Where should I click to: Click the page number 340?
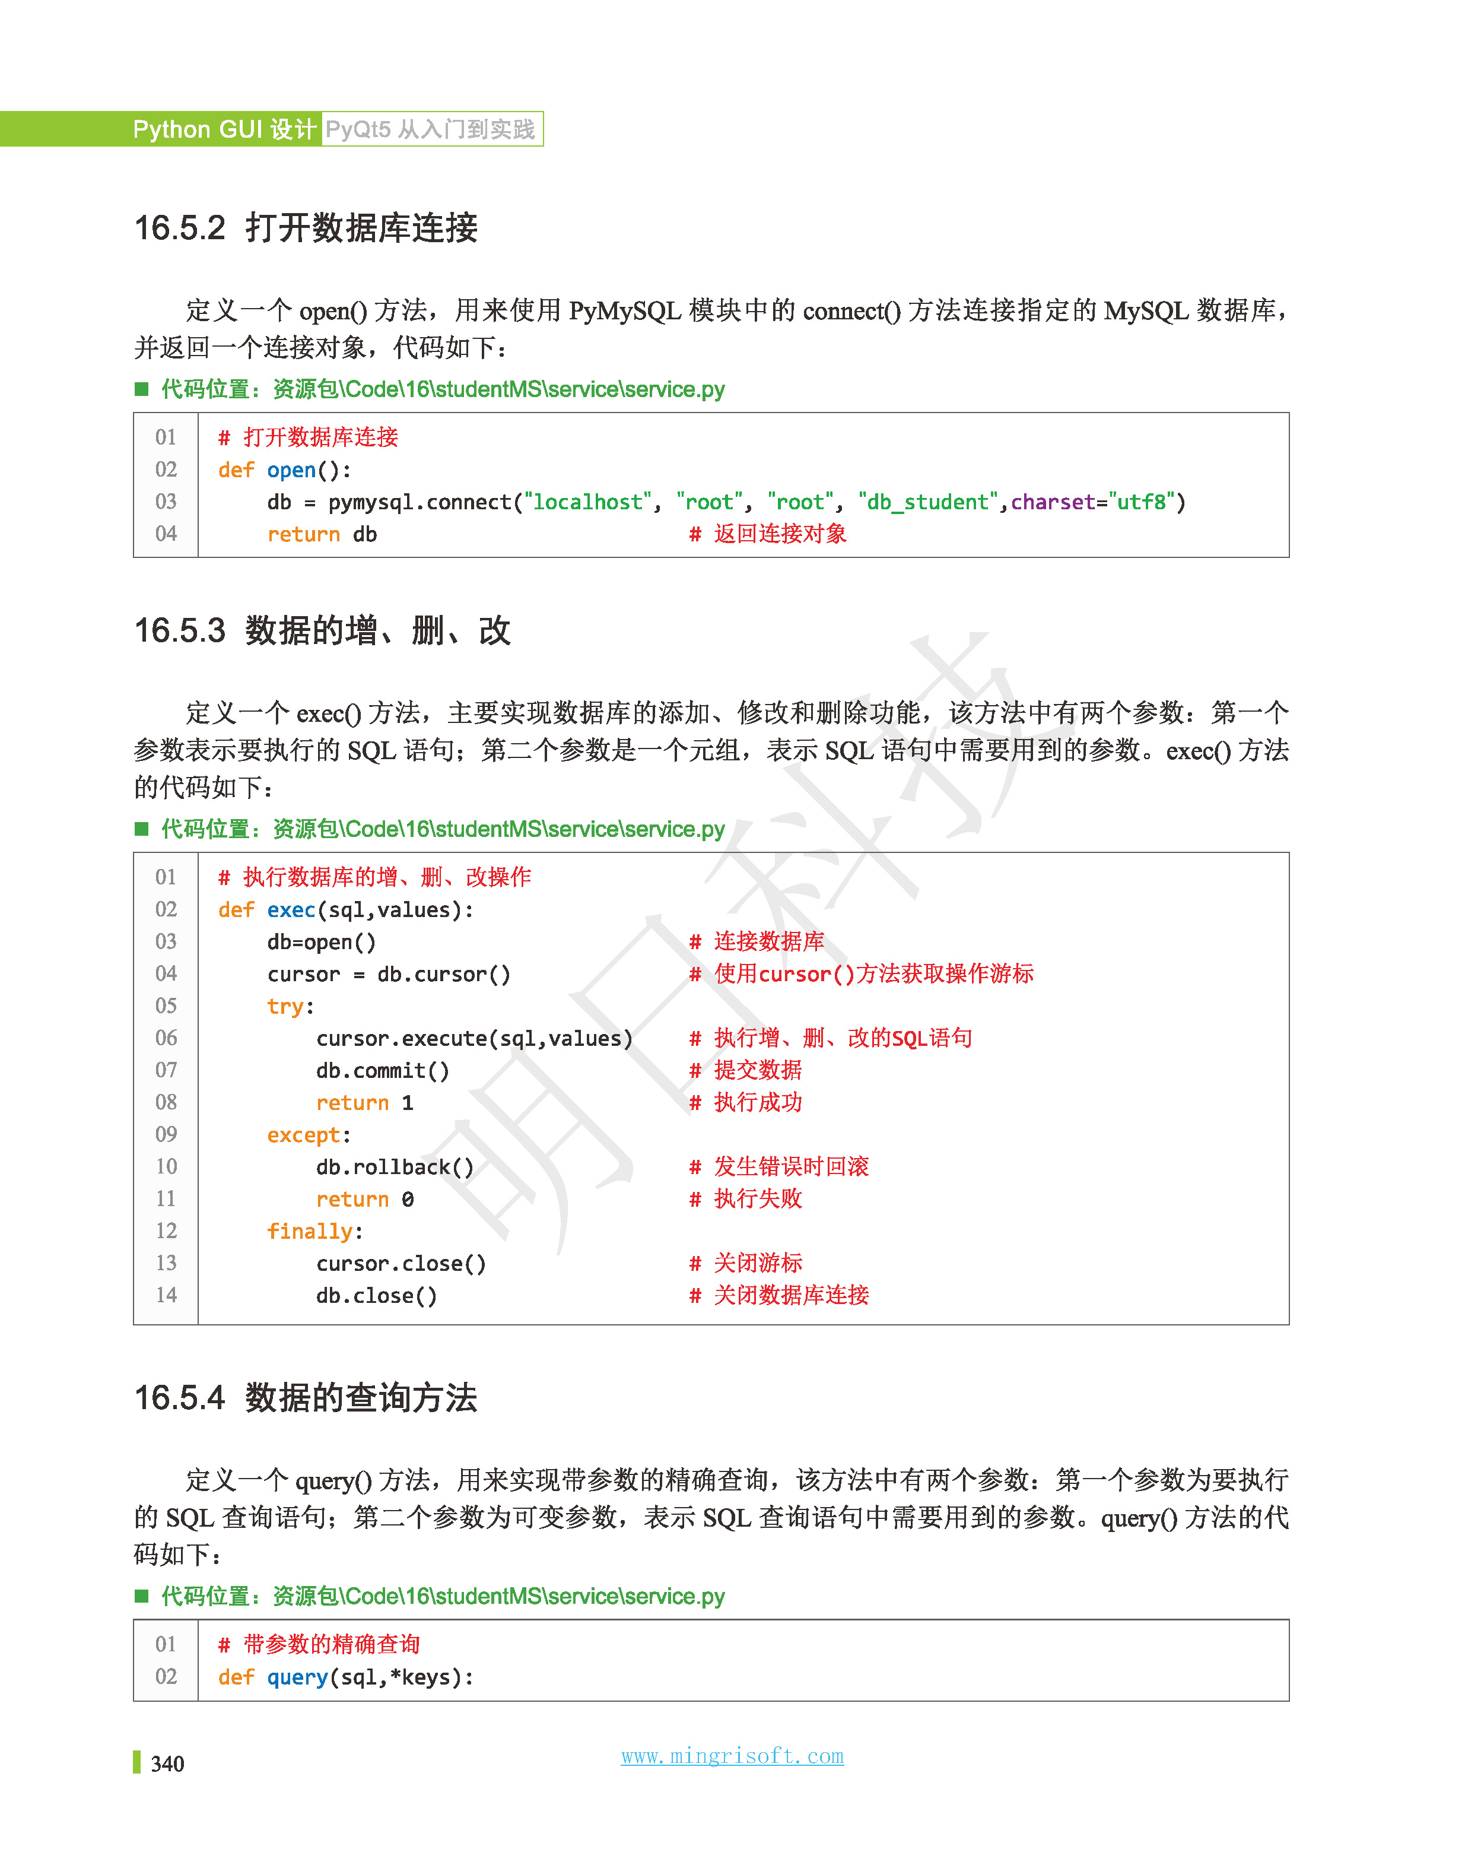167,1763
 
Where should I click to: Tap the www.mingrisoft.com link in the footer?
732,1756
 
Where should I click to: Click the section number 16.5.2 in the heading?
179,228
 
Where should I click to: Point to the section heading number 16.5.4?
179,1397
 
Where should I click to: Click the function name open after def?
291,470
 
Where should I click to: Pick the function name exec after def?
291,910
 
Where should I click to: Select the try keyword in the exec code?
285,1006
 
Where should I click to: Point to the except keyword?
304,1135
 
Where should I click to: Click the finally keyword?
310,1231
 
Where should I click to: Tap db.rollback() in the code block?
395,1167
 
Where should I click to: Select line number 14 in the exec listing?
166,1295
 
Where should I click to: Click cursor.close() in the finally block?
401,1264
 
